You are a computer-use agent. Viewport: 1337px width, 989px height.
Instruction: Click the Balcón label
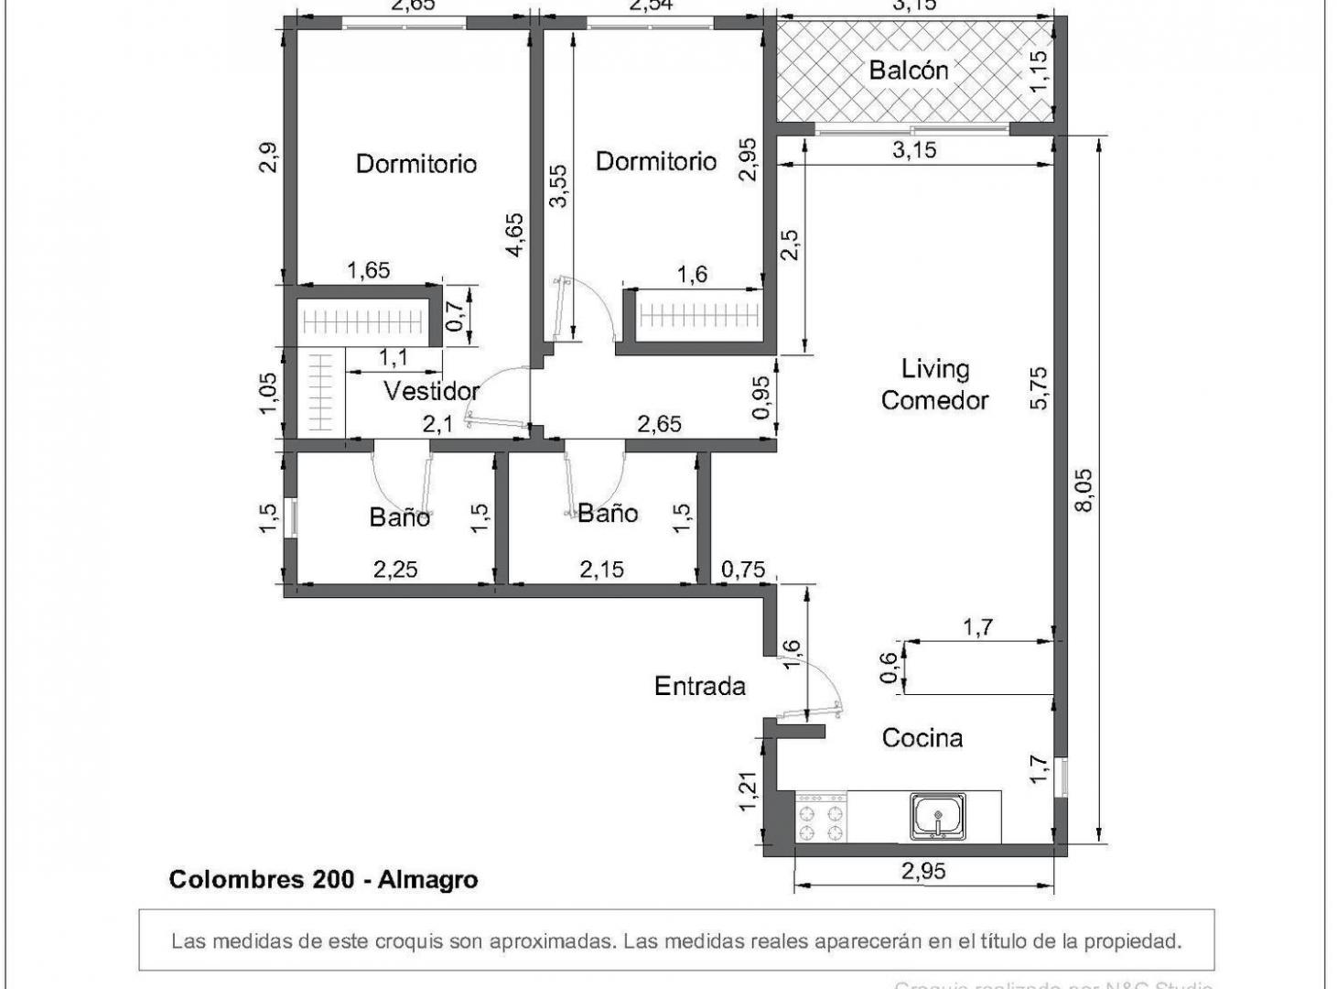tap(908, 71)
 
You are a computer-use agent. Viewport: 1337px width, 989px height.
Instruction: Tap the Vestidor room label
tap(431, 391)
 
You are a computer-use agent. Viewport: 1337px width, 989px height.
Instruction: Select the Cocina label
tap(922, 738)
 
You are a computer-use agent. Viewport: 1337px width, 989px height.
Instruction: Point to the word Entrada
tap(699, 686)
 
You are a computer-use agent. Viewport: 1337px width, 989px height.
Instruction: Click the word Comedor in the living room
tap(934, 400)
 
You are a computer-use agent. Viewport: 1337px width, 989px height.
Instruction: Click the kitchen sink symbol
tap(937, 816)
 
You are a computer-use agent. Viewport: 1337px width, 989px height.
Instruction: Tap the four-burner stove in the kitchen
tap(821, 818)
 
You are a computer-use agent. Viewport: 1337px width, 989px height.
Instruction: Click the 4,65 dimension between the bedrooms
tap(514, 234)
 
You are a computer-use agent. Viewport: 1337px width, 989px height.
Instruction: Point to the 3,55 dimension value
tap(558, 186)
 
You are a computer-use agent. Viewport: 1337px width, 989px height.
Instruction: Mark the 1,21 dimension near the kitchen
tap(749, 791)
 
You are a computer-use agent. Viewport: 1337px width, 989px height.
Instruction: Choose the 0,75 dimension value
tap(742, 570)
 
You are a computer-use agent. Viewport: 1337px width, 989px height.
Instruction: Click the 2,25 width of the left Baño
tap(395, 570)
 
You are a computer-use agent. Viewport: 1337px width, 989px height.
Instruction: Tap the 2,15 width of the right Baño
tap(601, 570)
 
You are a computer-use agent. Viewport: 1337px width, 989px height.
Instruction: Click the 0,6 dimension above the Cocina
tap(889, 668)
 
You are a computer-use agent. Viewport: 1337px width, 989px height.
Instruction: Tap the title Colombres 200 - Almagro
tap(323, 880)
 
